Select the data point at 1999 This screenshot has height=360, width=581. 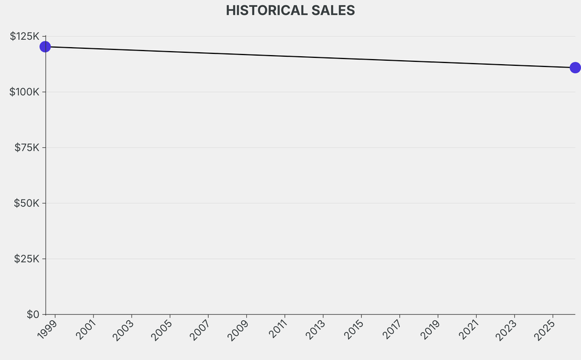click(x=45, y=47)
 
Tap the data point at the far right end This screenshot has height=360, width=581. click(x=575, y=68)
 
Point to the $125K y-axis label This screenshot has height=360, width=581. click(x=24, y=36)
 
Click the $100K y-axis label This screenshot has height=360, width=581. click(x=24, y=92)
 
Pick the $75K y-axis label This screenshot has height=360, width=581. click(x=27, y=148)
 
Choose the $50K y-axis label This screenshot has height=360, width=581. click(x=27, y=203)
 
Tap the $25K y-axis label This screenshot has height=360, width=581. click(x=27, y=259)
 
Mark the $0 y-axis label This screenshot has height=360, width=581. click(x=33, y=314)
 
